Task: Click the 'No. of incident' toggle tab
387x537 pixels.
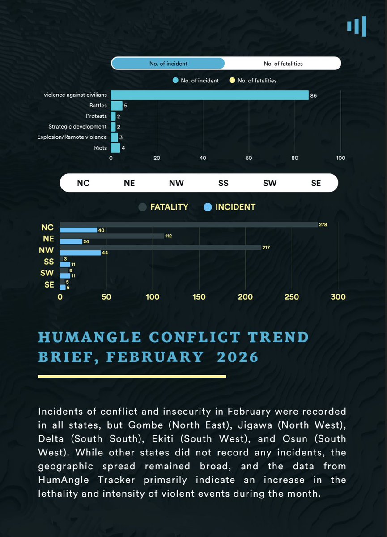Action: [x=168, y=64]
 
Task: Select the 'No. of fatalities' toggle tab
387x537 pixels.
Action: [x=283, y=64]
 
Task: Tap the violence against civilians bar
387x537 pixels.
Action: [x=209, y=95]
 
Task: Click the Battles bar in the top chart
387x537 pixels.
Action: [x=116, y=106]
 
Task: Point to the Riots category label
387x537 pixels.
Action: [x=100, y=148]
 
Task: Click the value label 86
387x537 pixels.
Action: [x=314, y=95]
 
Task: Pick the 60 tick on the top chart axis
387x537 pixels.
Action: [x=249, y=158]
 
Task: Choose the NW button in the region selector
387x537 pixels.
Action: [x=176, y=183]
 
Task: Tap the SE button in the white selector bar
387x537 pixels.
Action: [x=316, y=183]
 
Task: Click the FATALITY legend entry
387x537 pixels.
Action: [x=164, y=207]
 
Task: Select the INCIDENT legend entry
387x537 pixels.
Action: [x=230, y=207]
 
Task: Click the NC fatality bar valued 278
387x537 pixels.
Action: [x=188, y=224]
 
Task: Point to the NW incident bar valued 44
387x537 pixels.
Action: [x=80, y=253]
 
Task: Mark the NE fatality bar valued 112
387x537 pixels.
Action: [x=112, y=236]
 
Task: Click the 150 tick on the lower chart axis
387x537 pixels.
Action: [x=199, y=296]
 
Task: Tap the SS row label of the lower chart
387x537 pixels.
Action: [x=49, y=262]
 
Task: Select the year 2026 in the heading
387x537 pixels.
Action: [x=238, y=357]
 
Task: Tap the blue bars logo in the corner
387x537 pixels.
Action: [x=357, y=26]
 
